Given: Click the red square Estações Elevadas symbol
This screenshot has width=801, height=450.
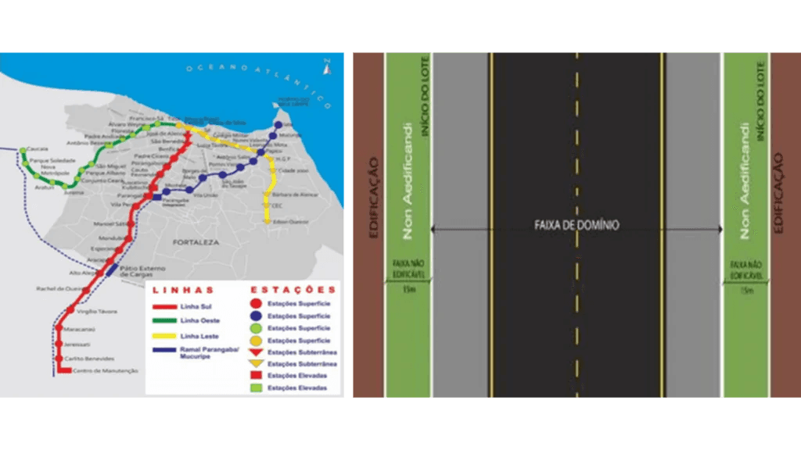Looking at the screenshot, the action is [x=255, y=376].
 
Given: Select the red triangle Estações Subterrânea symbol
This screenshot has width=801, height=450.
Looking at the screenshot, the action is [x=255, y=352].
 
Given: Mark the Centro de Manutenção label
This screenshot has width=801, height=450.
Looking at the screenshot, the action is [x=106, y=370].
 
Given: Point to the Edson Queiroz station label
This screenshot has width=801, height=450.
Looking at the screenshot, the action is [x=290, y=222].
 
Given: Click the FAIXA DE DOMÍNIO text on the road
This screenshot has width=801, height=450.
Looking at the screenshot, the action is [x=577, y=225].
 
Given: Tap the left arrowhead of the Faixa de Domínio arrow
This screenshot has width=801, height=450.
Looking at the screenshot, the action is [x=435, y=230].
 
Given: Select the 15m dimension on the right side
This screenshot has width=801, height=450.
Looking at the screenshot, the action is [x=746, y=291].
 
